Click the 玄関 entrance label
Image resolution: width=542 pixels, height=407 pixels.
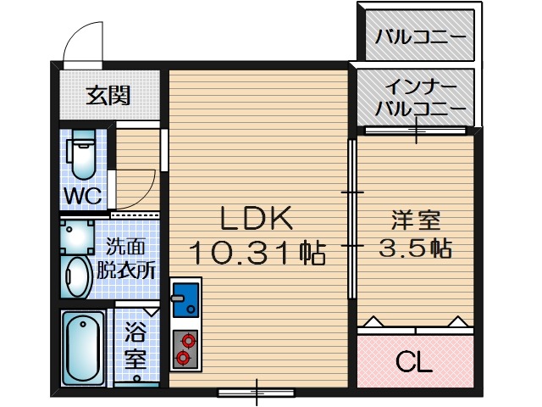(x=108, y=95)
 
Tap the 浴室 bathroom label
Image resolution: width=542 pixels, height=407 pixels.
(x=135, y=345)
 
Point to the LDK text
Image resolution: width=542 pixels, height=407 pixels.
(x=257, y=219)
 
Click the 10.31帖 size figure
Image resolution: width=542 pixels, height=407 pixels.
(x=257, y=252)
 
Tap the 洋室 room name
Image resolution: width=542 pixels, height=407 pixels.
(x=415, y=220)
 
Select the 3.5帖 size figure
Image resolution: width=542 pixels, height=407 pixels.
(x=415, y=248)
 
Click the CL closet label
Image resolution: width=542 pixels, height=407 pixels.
(x=415, y=362)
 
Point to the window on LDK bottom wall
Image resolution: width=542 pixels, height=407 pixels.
(x=257, y=392)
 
